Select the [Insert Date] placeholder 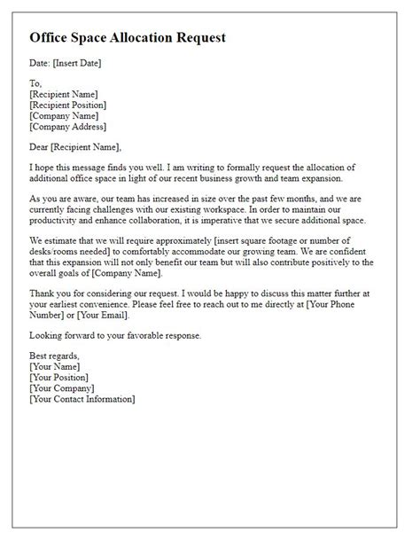(77, 63)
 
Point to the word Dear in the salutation (41, 146)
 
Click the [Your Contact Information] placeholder (82, 400)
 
